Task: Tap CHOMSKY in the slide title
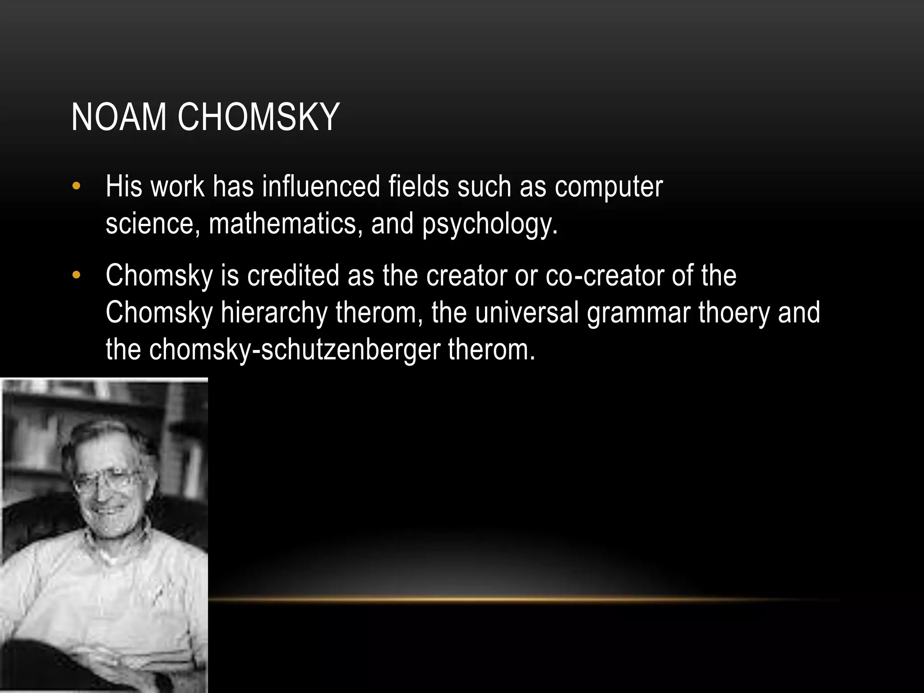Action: point(258,118)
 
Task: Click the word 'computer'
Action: point(609,187)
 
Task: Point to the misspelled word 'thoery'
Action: point(734,313)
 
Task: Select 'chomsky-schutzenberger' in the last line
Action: point(295,350)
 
